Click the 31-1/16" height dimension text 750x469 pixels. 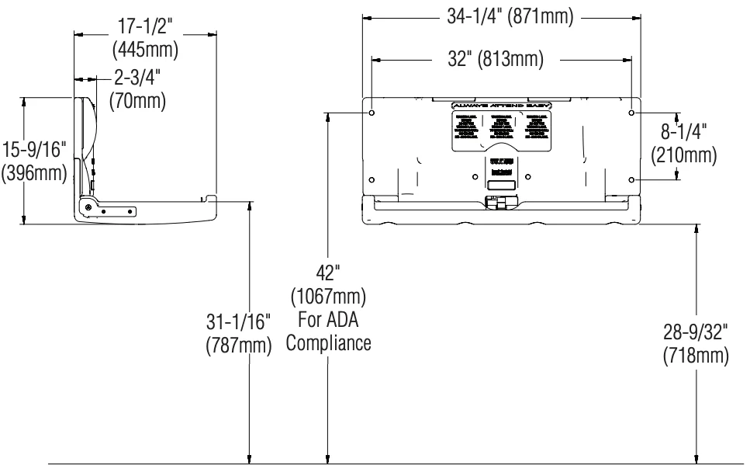pos(238,321)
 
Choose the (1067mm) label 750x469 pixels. pos(328,296)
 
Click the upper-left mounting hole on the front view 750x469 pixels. pos(372,113)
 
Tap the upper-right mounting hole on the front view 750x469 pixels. pos(632,113)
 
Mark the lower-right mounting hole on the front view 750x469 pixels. pos(632,179)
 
